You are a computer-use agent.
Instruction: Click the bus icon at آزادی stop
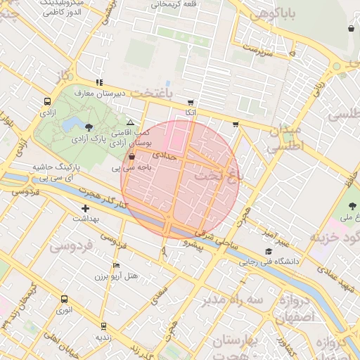point(47,101)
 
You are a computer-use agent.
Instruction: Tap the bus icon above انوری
point(64,299)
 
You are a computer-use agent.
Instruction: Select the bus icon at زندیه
point(104,326)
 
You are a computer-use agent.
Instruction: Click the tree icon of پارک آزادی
point(89,127)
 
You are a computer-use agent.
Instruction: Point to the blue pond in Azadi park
point(71,125)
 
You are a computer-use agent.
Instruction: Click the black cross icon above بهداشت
point(86,208)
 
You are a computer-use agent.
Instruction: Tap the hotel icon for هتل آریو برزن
point(116,265)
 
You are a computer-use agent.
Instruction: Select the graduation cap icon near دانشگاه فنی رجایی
point(268,251)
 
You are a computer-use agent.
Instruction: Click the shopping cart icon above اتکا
point(191,102)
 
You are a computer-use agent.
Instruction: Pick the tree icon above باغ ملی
point(352,205)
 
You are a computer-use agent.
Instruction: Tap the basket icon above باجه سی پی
point(132,157)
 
